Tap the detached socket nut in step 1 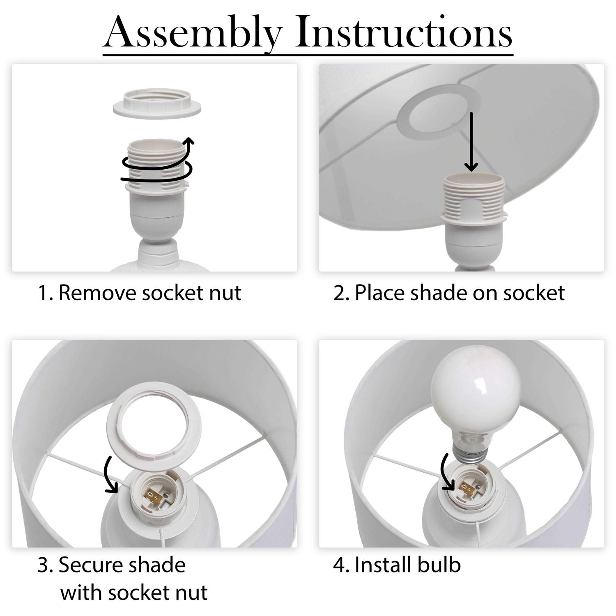pyautogui.click(x=158, y=106)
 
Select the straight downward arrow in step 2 pyautogui.click(x=471, y=141)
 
